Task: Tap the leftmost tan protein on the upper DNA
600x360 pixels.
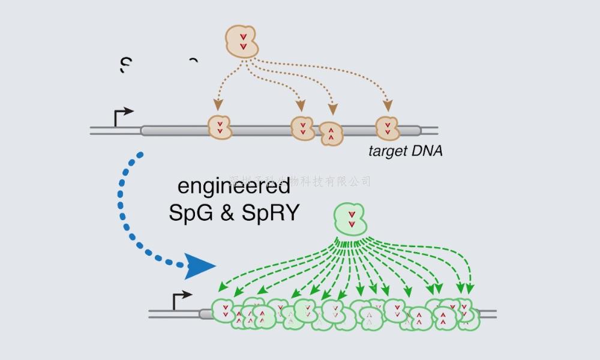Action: coord(220,128)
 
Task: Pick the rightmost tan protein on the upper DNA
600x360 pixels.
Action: coord(387,128)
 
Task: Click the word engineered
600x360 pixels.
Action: coord(234,187)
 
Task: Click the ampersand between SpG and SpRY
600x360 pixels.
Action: coord(228,213)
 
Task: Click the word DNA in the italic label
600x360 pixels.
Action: coord(427,151)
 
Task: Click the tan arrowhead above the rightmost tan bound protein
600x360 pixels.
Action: coord(388,106)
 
